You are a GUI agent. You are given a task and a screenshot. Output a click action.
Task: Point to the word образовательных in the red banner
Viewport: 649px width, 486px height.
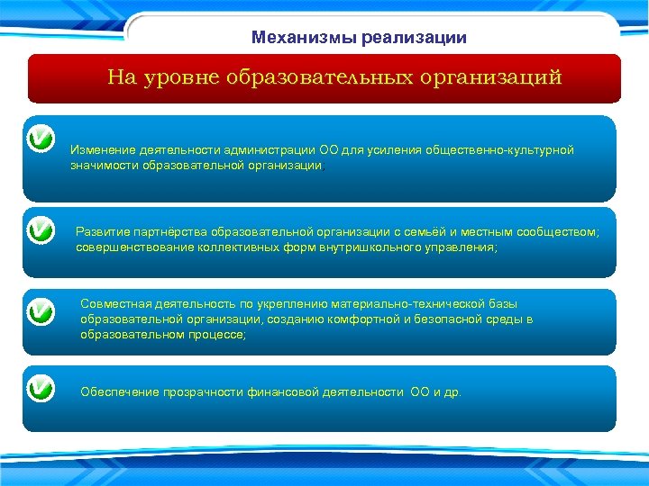[319, 77]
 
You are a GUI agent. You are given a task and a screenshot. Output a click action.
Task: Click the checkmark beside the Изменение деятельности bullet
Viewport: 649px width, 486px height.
[41, 140]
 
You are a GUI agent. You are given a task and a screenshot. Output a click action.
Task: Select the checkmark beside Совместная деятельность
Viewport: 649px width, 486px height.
[41, 311]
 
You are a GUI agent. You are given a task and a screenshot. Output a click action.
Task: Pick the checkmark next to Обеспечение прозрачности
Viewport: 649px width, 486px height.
[41, 390]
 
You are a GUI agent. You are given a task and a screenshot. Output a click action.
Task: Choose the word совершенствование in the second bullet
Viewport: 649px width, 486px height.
[131, 247]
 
